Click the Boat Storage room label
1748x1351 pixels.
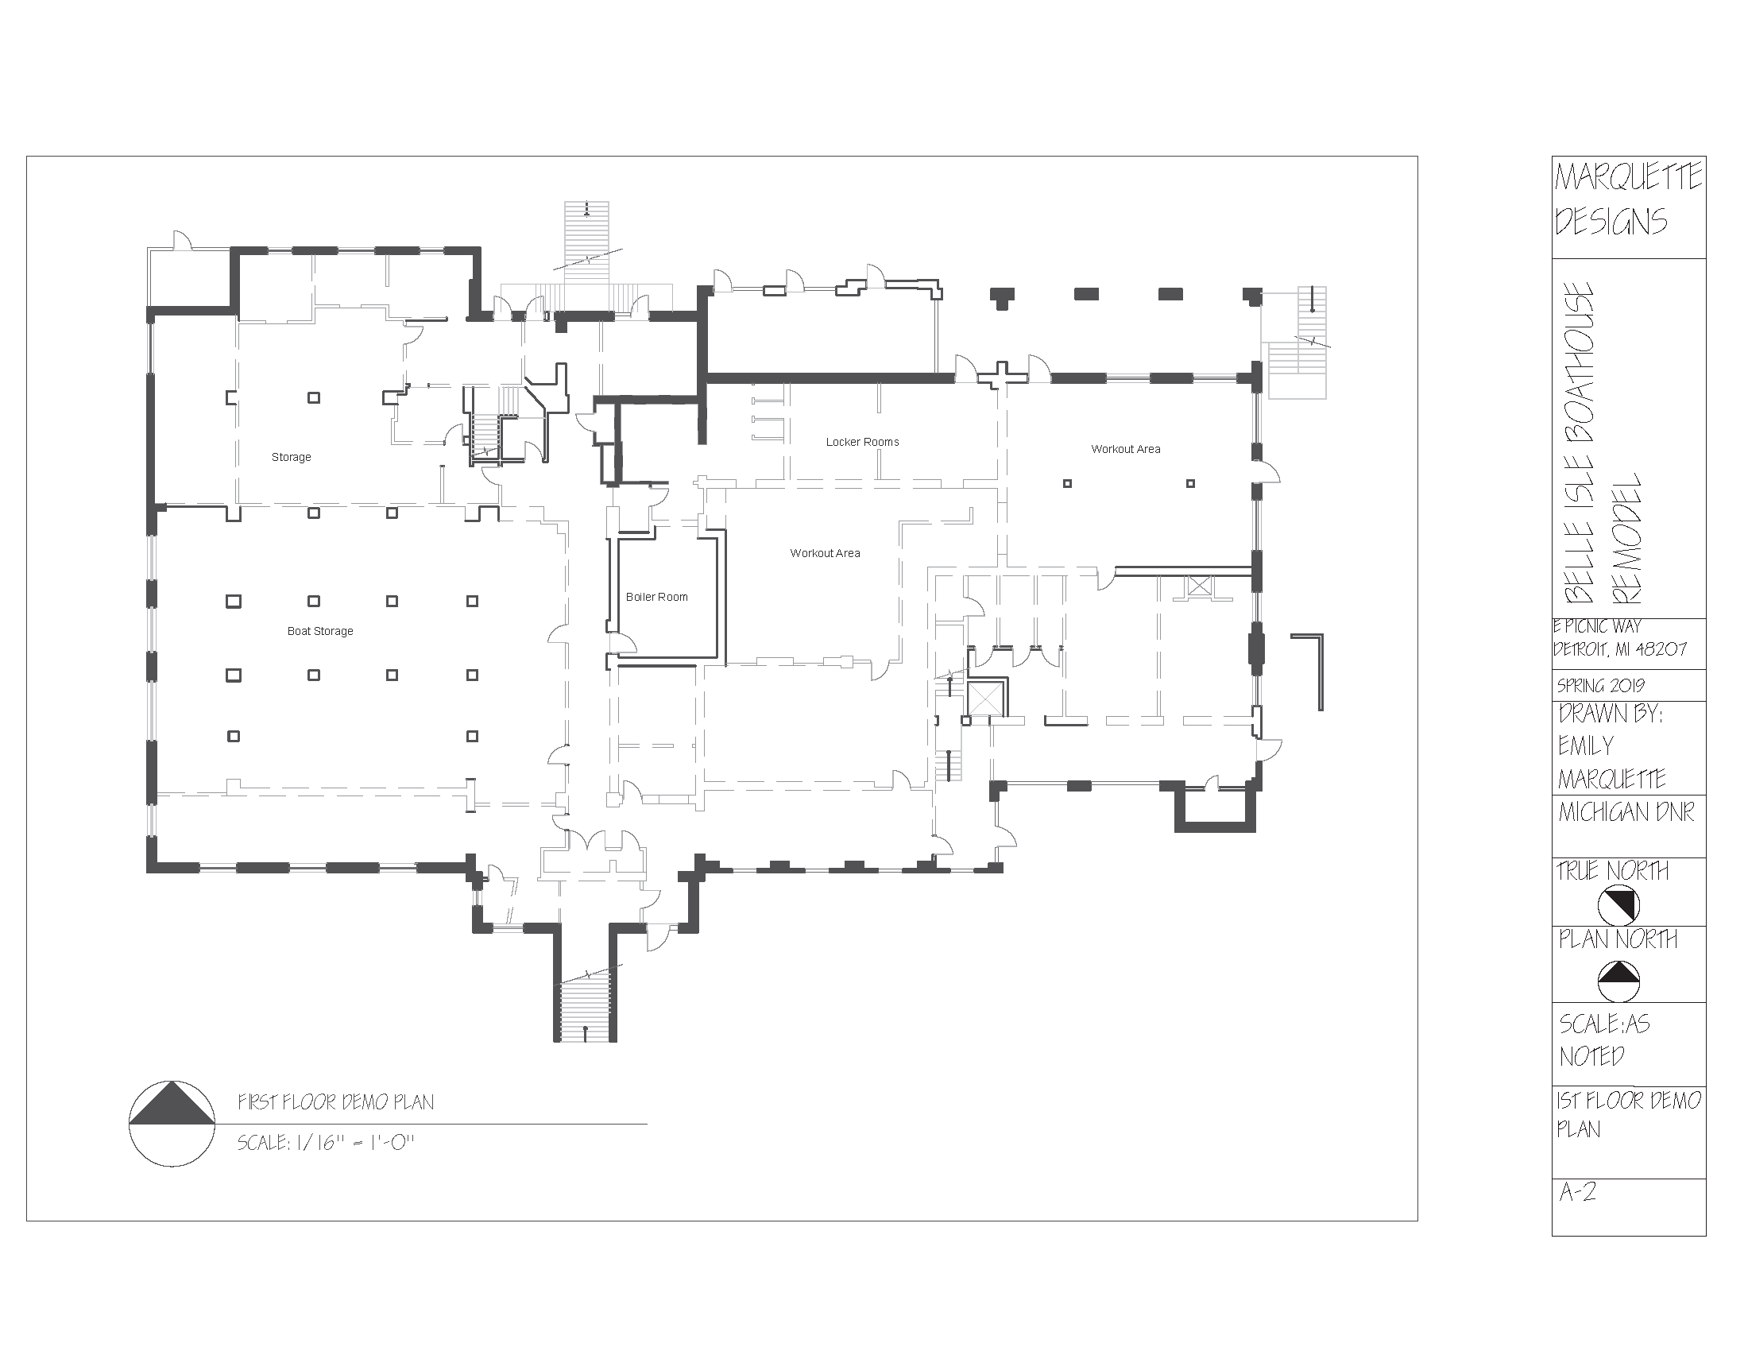click(320, 632)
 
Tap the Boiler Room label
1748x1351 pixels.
click(656, 597)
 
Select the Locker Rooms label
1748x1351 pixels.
click(862, 442)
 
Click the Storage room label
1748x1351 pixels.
click(291, 457)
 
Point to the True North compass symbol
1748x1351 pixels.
click(1618, 905)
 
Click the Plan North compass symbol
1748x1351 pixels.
click(1618, 981)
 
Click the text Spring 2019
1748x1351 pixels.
click(1601, 686)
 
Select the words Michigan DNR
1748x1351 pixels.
click(1626, 812)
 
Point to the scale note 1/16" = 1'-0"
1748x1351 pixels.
click(326, 1143)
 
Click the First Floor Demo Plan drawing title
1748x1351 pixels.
click(335, 1102)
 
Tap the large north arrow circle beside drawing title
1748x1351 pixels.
click(172, 1123)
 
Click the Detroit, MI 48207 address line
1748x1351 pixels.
click(1619, 649)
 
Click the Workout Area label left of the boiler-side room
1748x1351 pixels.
click(825, 553)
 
